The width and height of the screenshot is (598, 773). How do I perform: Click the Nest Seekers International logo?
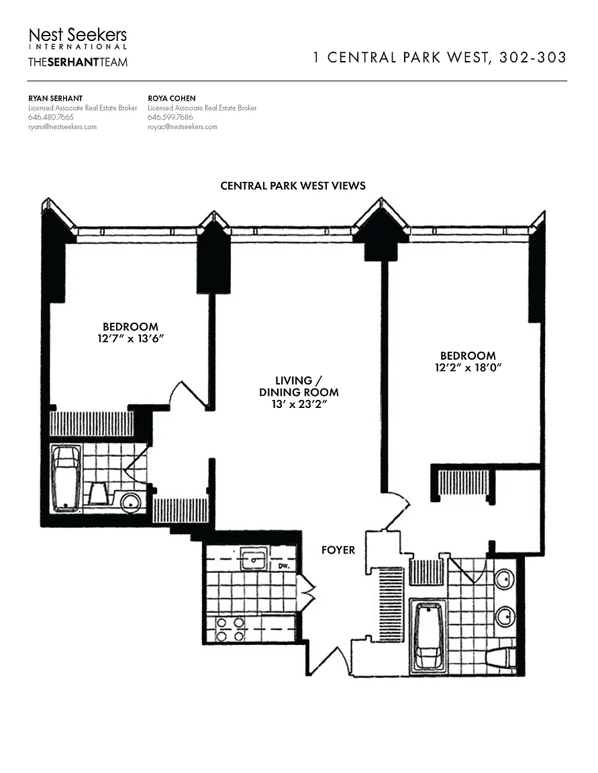pos(78,38)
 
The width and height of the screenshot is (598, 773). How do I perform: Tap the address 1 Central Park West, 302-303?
pos(440,58)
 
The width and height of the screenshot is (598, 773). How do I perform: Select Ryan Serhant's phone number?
pos(51,117)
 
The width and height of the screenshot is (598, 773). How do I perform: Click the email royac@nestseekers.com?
pos(183,127)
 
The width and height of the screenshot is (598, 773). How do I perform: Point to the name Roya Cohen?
pos(172,99)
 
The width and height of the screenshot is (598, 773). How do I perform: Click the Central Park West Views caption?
pos(293,186)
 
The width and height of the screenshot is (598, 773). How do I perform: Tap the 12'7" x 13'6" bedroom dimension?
pos(130,339)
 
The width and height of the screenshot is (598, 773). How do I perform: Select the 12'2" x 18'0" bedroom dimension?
pos(468,368)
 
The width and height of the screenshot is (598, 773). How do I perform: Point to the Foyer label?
pos(338,550)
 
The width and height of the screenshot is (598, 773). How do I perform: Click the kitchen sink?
pos(254,559)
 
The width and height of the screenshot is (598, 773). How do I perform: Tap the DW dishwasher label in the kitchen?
pos(283,566)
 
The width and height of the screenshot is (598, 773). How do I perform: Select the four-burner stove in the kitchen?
pos(230,629)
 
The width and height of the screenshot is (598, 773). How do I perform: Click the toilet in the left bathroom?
pos(98,494)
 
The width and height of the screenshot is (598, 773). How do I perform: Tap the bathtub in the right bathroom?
pos(428,637)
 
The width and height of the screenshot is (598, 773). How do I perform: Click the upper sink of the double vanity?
pos(505,580)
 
